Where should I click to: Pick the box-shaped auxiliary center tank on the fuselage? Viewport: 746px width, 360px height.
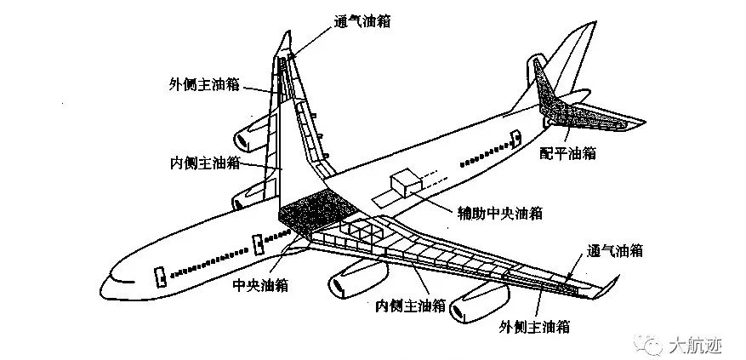click(x=406, y=186)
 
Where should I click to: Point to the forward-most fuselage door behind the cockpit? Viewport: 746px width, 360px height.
click(x=158, y=277)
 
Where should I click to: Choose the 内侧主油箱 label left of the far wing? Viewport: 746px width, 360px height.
click(x=204, y=161)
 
